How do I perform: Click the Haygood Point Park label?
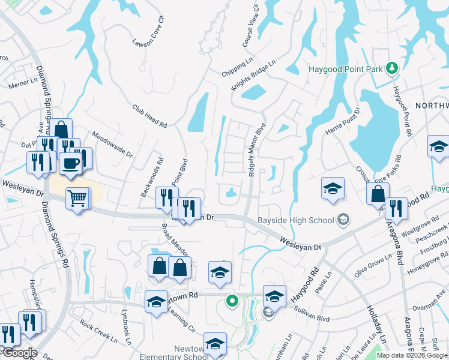(345, 69)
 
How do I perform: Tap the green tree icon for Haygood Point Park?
(392, 68)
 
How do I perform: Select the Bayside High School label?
(295, 220)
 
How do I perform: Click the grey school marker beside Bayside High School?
(343, 220)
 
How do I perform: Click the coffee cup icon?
(70, 164)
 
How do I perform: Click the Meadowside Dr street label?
(112, 144)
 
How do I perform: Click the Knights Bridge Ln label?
(254, 76)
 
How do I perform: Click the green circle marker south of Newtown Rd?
(231, 301)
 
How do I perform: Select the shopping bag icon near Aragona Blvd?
(378, 194)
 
